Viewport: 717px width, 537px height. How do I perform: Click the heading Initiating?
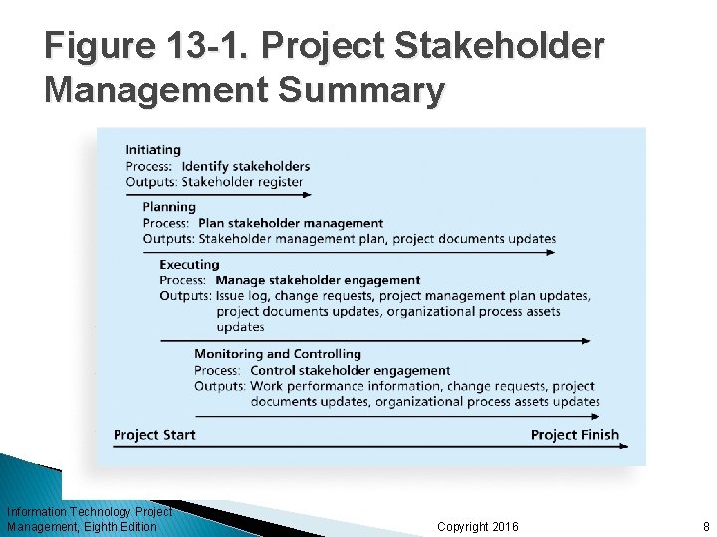[x=153, y=150]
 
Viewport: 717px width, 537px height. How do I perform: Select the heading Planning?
[x=169, y=207]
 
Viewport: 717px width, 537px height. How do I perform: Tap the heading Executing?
[x=189, y=264]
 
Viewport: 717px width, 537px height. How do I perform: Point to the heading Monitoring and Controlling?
[x=278, y=353]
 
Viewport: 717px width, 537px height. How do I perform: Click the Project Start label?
[x=154, y=434]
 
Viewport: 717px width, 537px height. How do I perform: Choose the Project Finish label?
[x=575, y=434]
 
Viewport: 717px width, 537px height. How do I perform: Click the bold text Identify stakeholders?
[x=246, y=166]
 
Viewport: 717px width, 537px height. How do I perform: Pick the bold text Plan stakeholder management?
[x=291, y=223]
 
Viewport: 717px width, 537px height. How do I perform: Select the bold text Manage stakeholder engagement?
[x=319, y=280]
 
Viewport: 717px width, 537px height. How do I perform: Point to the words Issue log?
[x=242, y=296]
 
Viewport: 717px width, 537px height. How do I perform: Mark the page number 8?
[x=705, y=526]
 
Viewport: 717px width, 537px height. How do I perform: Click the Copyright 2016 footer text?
[x=478, y=526]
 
